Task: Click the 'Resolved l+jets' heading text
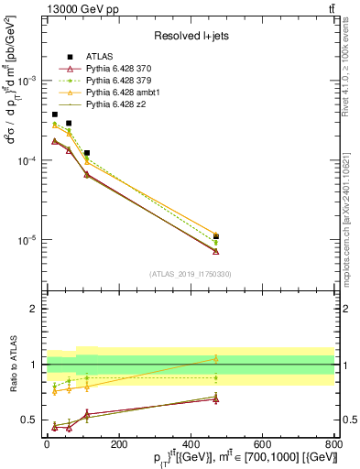pyautogui.click(x=190, y=35)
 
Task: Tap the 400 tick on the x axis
pyautogui.click(x=191, y=443)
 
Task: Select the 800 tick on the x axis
pyautogui.click(x=334, y=443)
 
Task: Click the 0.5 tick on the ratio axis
pyautogui.click(x=32, y=420)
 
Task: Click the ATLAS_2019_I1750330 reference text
pyautogui.click(x=190, y=273)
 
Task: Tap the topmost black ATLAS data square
pyautogui.click(x=55, y=115)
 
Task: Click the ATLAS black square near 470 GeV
pyautogui.click(x=215, y=237)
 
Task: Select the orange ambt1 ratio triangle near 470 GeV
pyautogui.click(x=215, y=358)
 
